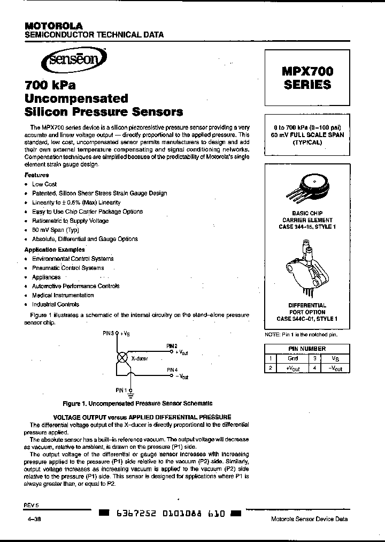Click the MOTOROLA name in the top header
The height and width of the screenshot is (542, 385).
pos(53,26)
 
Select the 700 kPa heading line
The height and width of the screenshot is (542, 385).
pos(50,85)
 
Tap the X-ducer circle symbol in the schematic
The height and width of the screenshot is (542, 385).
pos(122,358)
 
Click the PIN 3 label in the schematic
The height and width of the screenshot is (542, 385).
pos(109,333)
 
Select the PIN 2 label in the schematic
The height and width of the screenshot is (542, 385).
pos(172,346)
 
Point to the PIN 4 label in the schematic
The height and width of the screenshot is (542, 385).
pos(172,370)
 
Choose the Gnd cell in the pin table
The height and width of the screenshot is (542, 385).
pos(293,358)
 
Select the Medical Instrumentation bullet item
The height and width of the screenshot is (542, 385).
pos(63,295)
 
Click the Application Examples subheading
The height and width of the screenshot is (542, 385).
pos(55,250)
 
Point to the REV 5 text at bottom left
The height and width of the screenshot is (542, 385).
pos(32,505)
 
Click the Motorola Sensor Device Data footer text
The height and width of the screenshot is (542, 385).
pos(310,519)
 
